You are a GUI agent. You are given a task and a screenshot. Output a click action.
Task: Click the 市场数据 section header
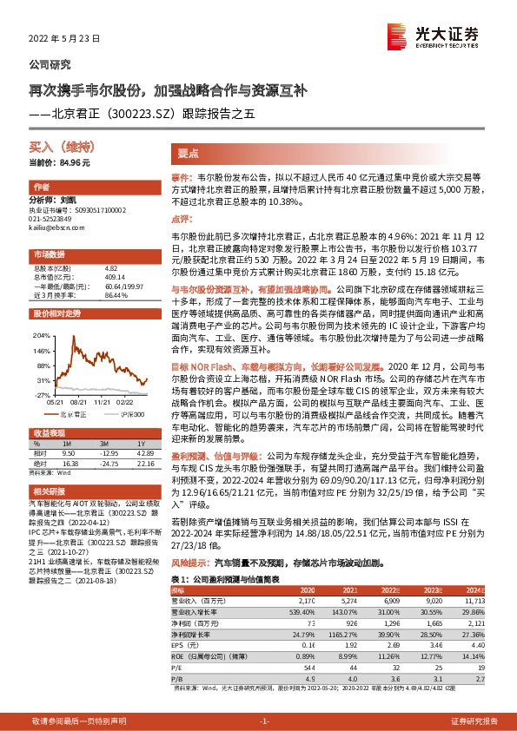coord(49,254)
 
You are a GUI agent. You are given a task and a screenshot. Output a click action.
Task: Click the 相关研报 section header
coord(49,491)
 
